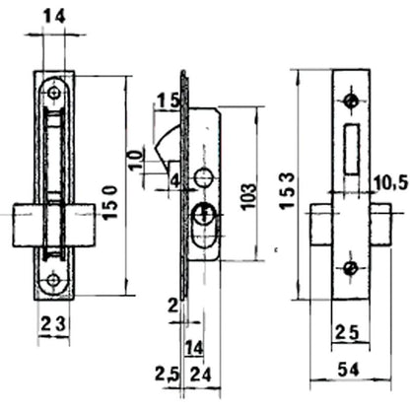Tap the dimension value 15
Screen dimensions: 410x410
pyautogui.click(x=167, y=102)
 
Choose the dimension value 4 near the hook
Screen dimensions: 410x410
pyautogui.click(x=173, y=179)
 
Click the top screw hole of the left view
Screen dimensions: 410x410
pyautogui.click(x=53, y=93)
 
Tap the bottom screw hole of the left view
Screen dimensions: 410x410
pyautogui.click(x=53, y=279)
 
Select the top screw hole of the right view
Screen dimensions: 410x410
pyautogui.click(x=350, y=102)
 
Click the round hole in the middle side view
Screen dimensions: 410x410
pyautogui.click(x=204, y=177)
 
